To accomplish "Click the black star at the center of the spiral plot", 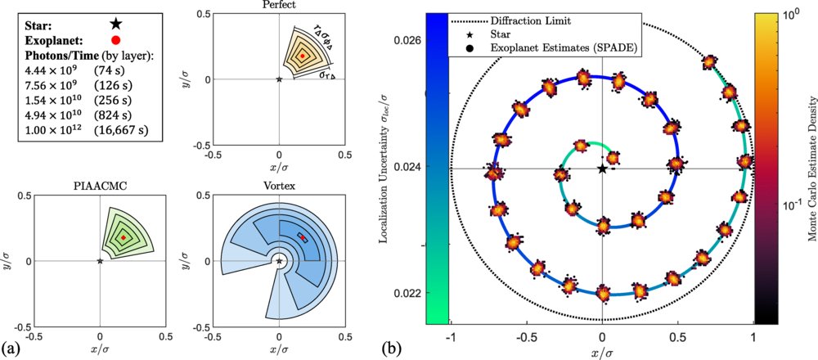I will tap(603, 169).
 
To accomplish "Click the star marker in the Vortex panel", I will tap(280, 261).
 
